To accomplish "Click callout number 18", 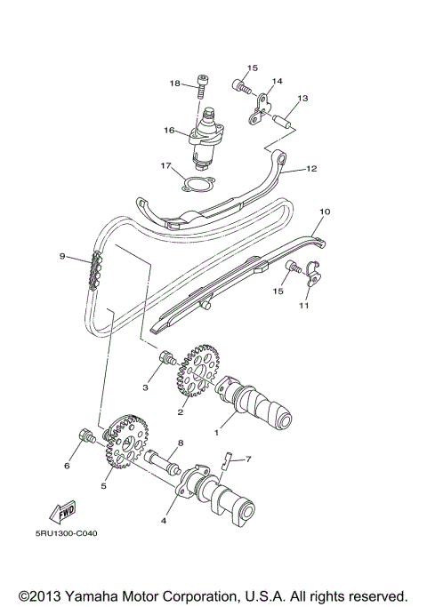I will click(x=175, y=83).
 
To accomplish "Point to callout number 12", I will click(x=310, y=167).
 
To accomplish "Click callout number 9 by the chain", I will click(x=63, y=257).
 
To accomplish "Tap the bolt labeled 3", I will click(x=165, y=359).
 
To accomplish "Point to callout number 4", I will click(x=163, y=521).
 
